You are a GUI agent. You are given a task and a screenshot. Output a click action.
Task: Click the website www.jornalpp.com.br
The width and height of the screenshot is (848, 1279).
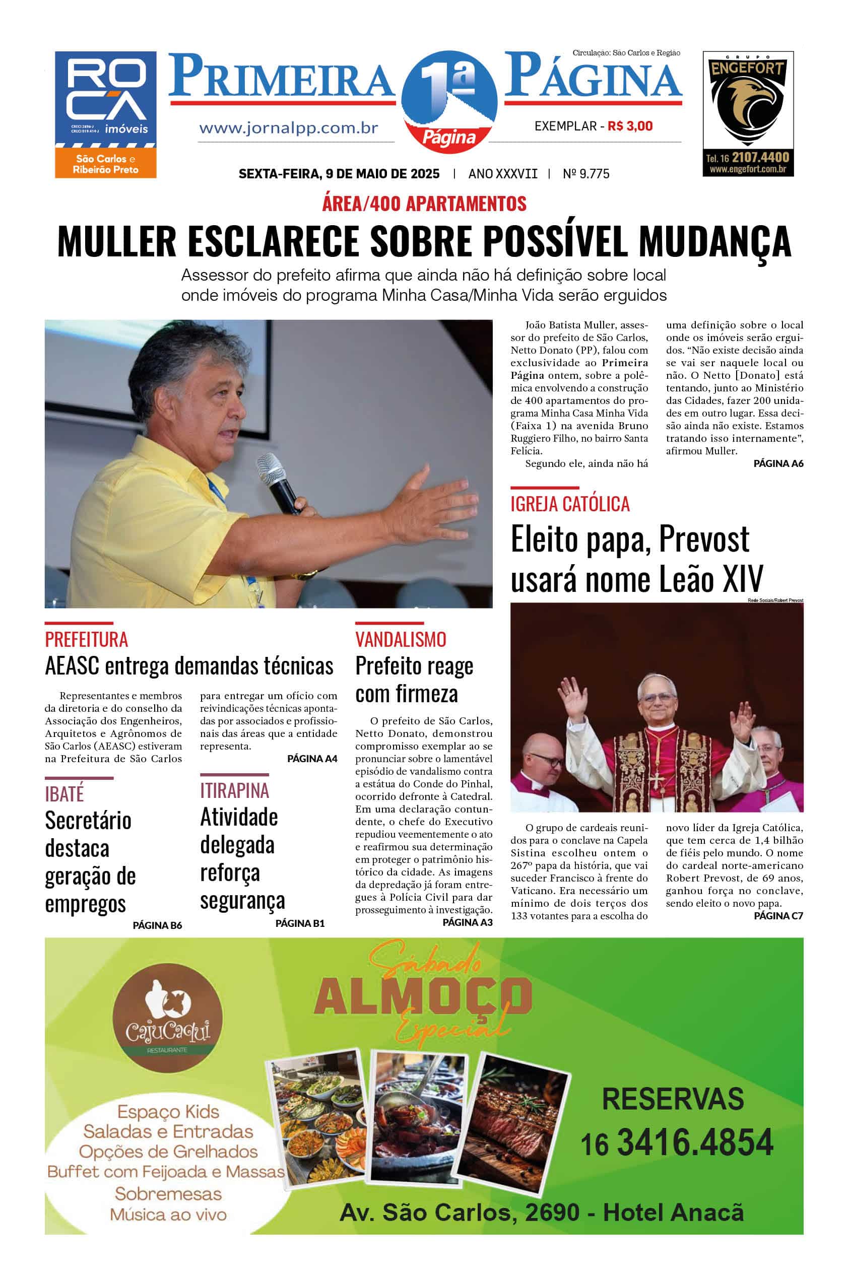(288, 128)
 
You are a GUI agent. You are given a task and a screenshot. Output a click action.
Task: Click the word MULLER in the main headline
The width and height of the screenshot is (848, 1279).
(117, 241)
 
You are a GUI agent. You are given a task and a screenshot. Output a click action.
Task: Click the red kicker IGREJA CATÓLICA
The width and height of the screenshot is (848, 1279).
(570, 504)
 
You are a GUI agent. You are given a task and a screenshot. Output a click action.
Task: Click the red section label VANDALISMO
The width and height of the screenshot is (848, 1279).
(401, 640)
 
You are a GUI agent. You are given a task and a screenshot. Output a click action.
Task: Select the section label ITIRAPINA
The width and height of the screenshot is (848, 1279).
(234, 790)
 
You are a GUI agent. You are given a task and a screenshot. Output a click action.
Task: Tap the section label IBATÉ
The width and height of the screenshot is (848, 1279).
(64, 794)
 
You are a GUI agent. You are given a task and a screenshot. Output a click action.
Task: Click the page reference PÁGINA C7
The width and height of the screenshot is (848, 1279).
(778, 916)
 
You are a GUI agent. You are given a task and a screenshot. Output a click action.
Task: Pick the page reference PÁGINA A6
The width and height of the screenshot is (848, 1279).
(778, 463)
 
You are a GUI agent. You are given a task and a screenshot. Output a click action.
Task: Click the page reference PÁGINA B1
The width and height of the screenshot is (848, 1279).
(300, 923)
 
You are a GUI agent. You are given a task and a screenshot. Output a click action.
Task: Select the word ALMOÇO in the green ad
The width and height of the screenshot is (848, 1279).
(423, 996)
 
